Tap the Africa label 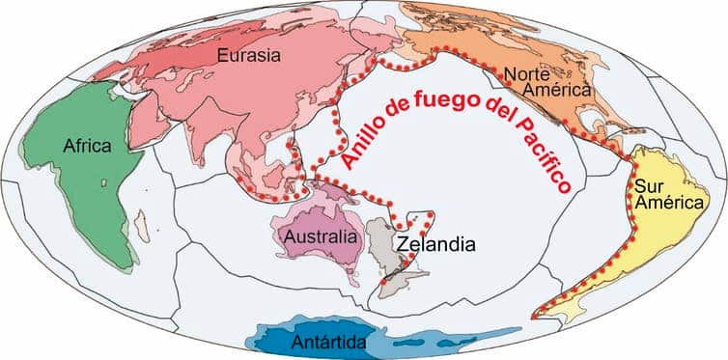(88, 146)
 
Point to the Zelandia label (435, 243)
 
